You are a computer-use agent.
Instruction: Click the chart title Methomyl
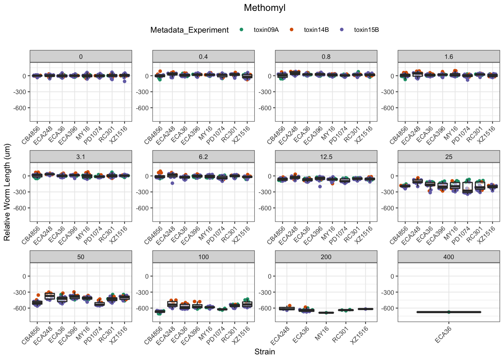[x=264, y=8]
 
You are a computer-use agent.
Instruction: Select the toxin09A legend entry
[x=266, y=30]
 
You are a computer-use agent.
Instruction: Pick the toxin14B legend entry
[x=316, y=30]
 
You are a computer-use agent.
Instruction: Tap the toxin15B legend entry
[x=366, y=30]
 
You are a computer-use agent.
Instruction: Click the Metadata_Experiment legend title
[x=189, y=30]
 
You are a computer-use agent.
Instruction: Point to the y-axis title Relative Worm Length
[x=7, y=193]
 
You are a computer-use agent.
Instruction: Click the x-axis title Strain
[x=264, y=352]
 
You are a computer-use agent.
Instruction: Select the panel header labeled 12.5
[x=326, y=157]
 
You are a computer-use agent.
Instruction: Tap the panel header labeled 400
[x=448, y=257]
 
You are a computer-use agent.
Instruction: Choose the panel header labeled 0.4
[x=203, y=57]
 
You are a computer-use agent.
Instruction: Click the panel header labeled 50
[x=81, y=257]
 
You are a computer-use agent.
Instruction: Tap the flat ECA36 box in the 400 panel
[x=448, y=312]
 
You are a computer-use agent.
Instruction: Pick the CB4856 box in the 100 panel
[x=160, y=311]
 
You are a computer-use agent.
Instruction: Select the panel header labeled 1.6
[x=448, y=57]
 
